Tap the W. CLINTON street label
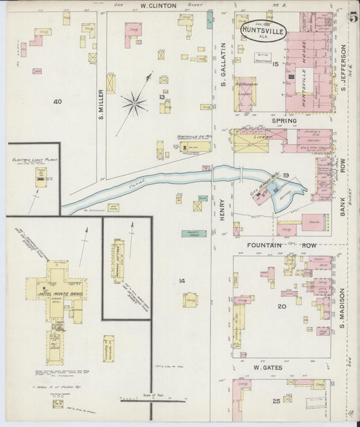click(x=158, y=6)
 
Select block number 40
click(x=58, y=101)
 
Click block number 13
click(x=161, y=97)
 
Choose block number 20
click(x=282, y=306)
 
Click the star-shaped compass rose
click(x=134, y=103)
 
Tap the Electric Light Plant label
click(x=32, y=160)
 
